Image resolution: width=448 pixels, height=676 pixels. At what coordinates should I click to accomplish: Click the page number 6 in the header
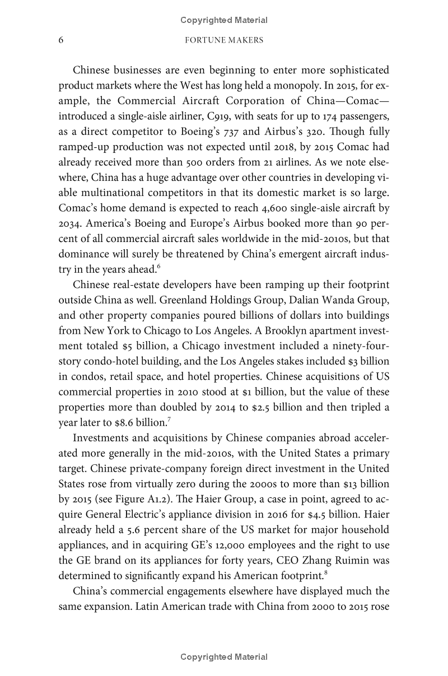pos(61,40)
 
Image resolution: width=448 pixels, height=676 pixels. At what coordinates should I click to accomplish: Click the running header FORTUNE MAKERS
pos(223,40)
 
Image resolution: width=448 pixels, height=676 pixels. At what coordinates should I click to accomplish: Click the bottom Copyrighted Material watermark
pos(223,657)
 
